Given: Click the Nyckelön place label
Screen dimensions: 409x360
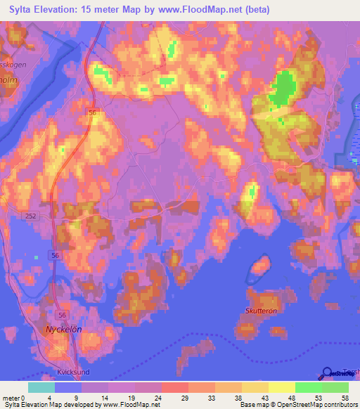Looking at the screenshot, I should tap(65, 330).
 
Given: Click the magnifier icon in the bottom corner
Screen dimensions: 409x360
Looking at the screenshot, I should tap(327, 373).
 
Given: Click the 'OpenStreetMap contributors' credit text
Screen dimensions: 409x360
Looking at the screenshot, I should tap(313, 405).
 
